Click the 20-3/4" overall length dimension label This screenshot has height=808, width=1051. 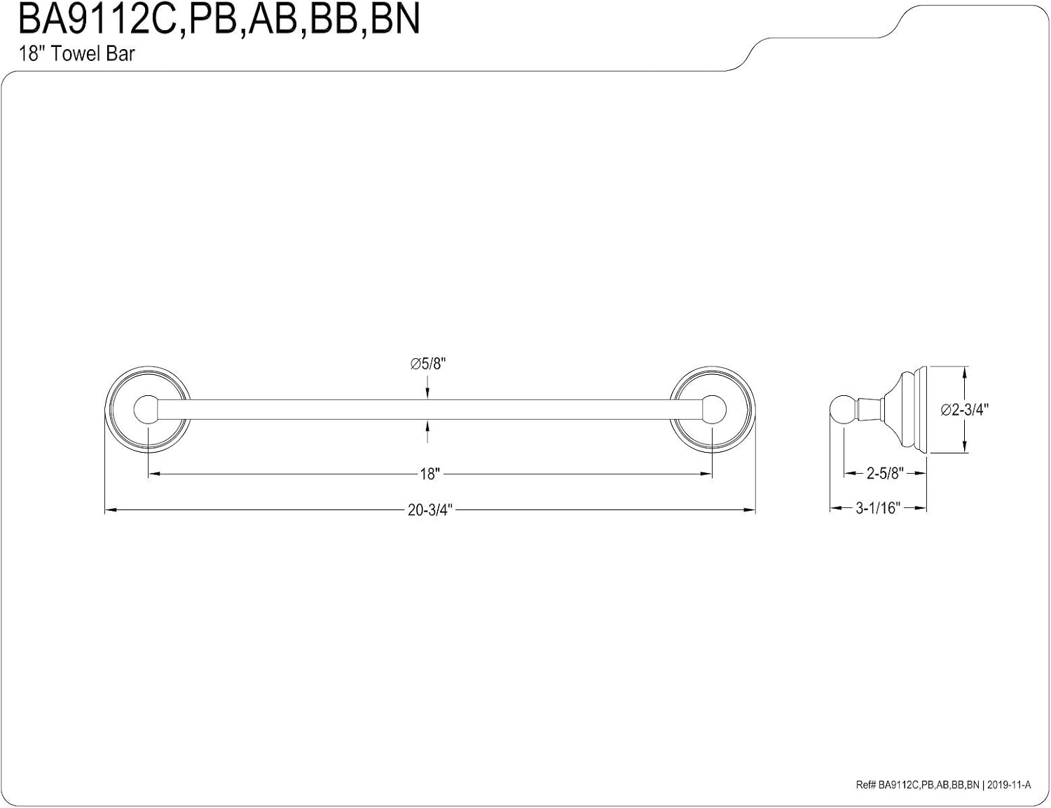[430, 509]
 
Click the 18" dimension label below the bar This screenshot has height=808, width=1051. [430, 474]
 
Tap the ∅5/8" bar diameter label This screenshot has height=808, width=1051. [427, 364]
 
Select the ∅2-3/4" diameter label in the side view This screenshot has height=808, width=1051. [964, 409]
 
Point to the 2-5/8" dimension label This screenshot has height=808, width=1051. [885, 473]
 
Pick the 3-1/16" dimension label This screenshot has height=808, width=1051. [878, 508]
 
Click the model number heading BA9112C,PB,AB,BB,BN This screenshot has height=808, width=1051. [219, 19]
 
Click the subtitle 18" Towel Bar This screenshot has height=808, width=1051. [76, 54]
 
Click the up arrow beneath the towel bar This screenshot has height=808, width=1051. [427, 431]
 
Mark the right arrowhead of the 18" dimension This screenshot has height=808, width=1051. [706, 474]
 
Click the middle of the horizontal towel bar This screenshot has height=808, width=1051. [430, 409]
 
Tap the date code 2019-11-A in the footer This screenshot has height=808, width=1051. [1009, 785]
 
